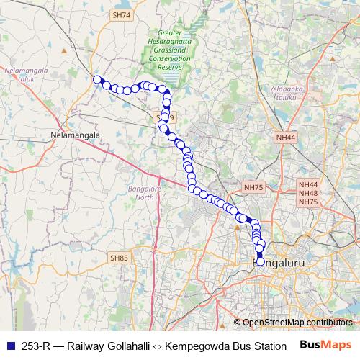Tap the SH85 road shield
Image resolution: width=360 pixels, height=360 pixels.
point(118,256)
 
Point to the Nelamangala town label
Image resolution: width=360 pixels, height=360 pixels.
point(74,135)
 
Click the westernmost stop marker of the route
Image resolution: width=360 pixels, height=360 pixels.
point(96,80)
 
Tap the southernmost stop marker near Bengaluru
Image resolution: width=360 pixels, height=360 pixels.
point(261,262)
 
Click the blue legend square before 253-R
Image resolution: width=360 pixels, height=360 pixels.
point(9,345)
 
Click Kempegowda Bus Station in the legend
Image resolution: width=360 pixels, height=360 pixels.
point(225,345)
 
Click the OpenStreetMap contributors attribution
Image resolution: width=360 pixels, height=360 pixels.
point(295,323)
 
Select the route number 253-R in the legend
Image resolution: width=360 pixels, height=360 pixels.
point(37,345)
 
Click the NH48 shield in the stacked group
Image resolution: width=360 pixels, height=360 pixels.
point(308,194)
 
